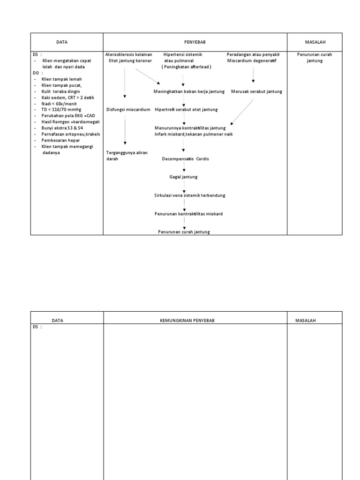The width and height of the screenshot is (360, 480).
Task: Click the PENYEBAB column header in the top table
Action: [x=195, y=42]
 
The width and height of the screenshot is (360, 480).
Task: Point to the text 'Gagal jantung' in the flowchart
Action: [x=183, y=177]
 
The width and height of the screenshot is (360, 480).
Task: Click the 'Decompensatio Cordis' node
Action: [x=185, y=159]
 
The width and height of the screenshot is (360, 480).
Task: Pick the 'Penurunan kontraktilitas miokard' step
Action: [x=188, y=214]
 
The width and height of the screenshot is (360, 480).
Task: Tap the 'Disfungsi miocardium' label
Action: [x=128, y=109]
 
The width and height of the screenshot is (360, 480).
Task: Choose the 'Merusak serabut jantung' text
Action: [x=256, y=91]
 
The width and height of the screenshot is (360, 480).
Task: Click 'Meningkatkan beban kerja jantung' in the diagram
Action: [x=189, y=91]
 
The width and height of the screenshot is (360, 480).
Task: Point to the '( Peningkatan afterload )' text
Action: [x=187, y=67]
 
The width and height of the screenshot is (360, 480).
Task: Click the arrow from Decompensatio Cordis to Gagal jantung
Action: [x=184, y=168]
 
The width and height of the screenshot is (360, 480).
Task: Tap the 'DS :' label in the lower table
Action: [x=37, y=327]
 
